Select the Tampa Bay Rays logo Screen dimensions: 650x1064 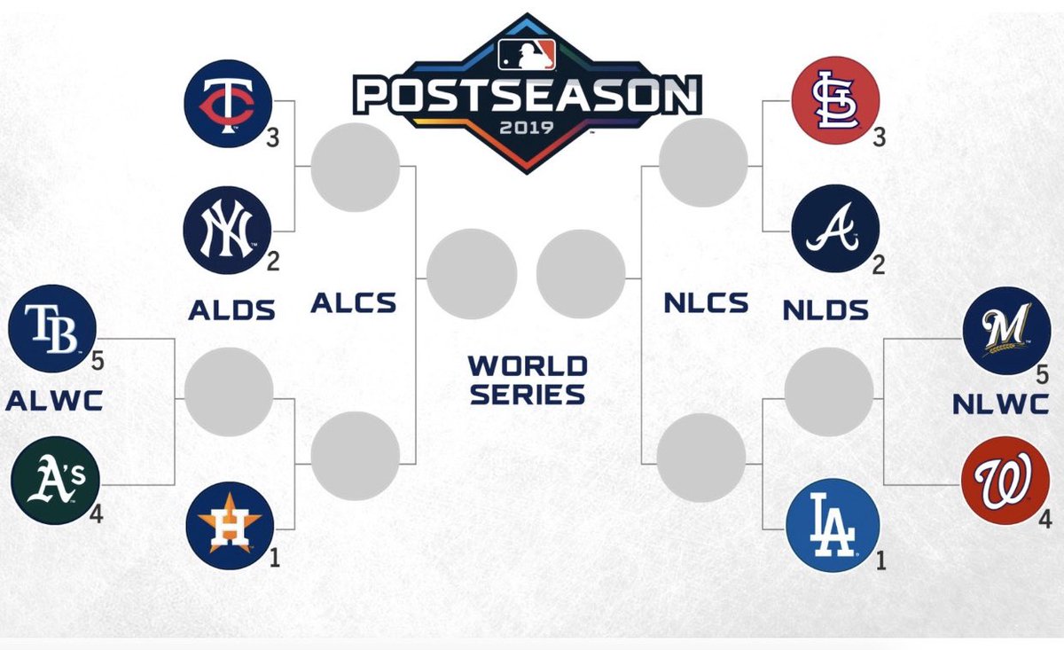[x=51, y=329]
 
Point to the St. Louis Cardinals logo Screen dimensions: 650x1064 [x=834, y=100]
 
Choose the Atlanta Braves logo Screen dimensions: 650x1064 [x=834, y=229]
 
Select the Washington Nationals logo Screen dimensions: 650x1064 [x=1005, y=480]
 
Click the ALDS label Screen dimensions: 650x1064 [x=231, y=309]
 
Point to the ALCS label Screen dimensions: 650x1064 [x=353, y=303]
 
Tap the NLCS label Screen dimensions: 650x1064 [x=706, y=303]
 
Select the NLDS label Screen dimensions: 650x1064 [x=825, y=309]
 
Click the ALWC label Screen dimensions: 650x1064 [x=54, y=402]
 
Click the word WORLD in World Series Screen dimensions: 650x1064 [x=528, y=365]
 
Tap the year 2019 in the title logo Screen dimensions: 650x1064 [x=527, y=126]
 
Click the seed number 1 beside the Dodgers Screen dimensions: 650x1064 [x=880, y=560]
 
